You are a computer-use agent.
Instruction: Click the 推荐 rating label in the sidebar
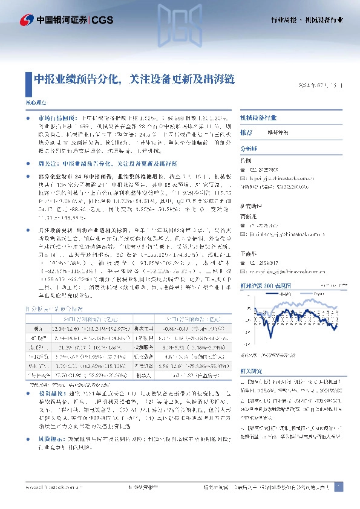pyautogui.click(x=246, y=132)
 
